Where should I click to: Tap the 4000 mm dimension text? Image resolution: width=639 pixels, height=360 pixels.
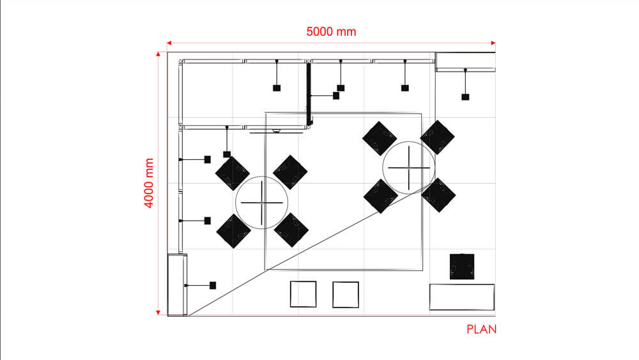pos(150,183)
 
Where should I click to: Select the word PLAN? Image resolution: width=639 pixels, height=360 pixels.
pos(481,330)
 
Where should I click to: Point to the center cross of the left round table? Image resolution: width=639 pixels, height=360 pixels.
pos(262,202)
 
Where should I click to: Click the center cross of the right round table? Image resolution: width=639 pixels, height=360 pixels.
pos(409,168)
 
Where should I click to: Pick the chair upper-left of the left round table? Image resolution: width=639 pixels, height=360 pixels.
pos(232,173)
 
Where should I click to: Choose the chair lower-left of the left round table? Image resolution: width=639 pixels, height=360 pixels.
pos(233,231)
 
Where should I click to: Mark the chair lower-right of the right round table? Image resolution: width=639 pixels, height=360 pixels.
pos(438,195)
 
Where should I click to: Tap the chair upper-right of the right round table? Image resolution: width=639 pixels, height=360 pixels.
pos(438,137)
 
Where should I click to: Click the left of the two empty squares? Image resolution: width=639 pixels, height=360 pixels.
pos(303,293)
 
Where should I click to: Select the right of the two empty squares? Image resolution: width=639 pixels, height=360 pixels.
pos(346,293)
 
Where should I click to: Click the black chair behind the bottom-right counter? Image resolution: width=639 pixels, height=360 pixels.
pos(461,267)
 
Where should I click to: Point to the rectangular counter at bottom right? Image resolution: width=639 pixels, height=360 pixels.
pos(461,297)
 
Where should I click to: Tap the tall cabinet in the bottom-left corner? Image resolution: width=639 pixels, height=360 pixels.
pos(177,285)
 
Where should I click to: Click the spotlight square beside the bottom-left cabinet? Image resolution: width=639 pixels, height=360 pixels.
pos(213,285)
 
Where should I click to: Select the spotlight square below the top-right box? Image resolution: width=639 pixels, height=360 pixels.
pos(465,97)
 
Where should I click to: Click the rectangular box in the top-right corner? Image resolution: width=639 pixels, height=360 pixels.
pos(465,61)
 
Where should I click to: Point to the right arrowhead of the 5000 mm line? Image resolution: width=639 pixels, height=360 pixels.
pos(493,43)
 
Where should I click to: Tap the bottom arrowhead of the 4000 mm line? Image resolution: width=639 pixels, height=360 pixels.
pos(158,312)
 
